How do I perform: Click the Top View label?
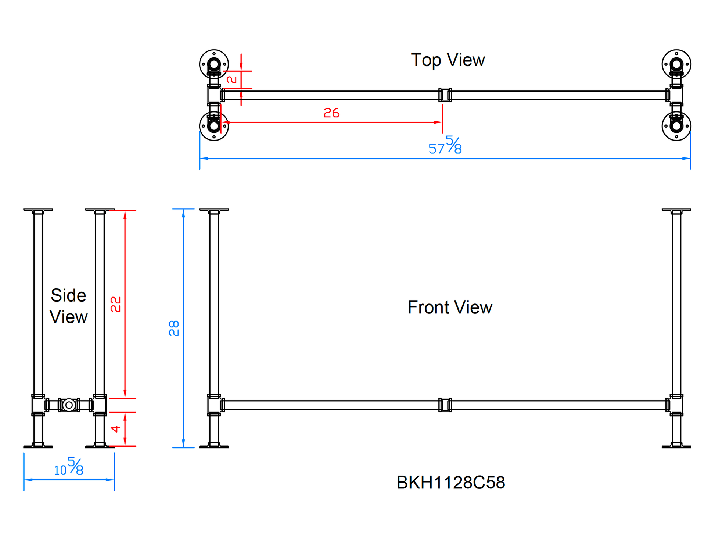[448, 60]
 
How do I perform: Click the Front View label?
[449, 307]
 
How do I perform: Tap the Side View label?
[68, 306]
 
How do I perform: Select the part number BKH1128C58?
[450, 482]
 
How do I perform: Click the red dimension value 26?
[331, 113]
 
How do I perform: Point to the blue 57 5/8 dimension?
[445, 146]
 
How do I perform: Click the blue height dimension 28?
[174, 328]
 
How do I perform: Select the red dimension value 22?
[115, 304]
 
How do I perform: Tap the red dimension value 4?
[115, 429]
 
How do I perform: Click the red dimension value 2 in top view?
[231, 79]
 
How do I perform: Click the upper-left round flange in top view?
[214, 64]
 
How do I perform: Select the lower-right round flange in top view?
[676, 126]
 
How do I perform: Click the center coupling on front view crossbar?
[445, 405]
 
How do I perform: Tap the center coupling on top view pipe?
[445, 95]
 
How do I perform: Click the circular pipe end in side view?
[69, 405]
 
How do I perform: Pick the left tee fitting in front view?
[214, 405]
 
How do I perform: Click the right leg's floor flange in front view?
[676, 446]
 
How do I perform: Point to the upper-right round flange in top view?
[676, 64]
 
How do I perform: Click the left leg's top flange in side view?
[38, 210]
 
